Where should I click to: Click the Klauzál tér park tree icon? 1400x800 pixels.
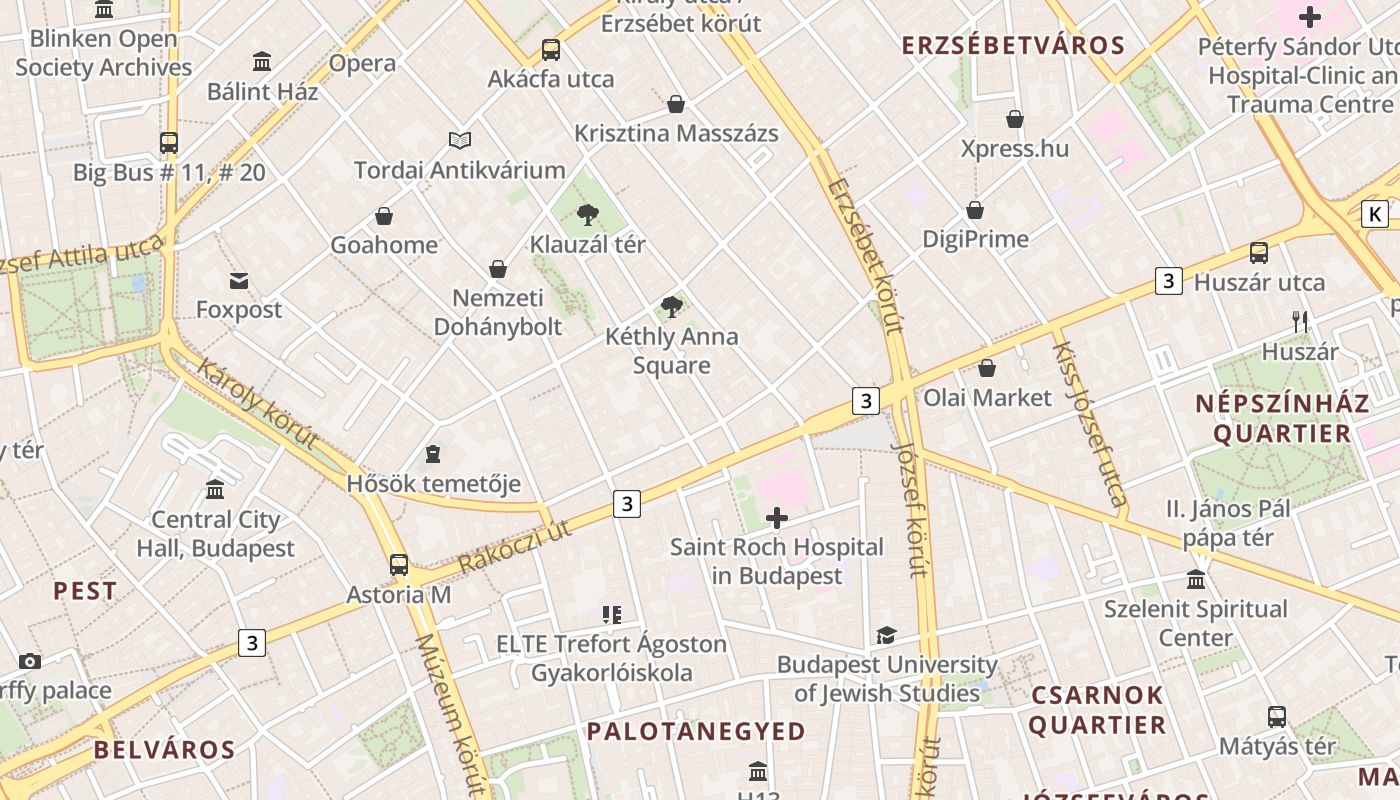(588, 214)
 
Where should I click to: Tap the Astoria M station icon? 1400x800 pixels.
(399, 565)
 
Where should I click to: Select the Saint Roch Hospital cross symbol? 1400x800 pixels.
(776, 518)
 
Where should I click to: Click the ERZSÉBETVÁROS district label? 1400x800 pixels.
(1013, 45)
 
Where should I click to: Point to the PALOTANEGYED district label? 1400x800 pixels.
(695, 731)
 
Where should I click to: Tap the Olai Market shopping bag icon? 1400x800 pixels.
(987, 368)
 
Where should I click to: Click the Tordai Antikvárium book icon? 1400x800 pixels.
(459, 141)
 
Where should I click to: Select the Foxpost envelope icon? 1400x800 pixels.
(239, 281)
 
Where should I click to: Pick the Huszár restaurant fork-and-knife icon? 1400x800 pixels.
(1300, 322)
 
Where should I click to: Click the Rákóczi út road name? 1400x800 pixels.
(515, 546)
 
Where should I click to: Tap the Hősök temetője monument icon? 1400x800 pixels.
(433, 455)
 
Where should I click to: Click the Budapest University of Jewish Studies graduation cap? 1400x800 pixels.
(886, 635)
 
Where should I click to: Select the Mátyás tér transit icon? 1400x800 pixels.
(1277, 717)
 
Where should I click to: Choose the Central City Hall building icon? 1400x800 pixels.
(215, 490)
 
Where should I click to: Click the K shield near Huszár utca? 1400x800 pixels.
(1376, 213)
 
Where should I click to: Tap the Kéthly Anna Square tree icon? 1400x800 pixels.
(672, 307)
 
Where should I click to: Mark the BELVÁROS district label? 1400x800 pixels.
(165, 750)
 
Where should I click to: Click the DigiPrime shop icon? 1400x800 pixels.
(975, 210)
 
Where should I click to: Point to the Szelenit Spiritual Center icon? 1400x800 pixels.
(1196, 580)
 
